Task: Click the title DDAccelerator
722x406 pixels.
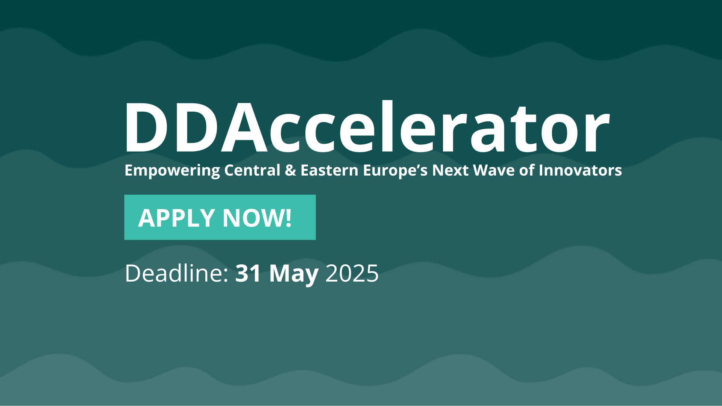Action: coord(367,127)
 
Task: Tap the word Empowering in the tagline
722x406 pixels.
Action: coord(172,171)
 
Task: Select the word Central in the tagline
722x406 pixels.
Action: coord(252,170)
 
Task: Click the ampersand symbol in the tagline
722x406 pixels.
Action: coord(290,170)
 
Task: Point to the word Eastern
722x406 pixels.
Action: coord(329,170)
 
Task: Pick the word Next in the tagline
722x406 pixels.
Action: coord(450,170)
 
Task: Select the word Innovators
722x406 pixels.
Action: coord(580,170)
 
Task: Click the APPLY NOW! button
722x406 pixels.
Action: coord(220,217)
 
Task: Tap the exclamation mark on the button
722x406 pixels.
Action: coord(288,218)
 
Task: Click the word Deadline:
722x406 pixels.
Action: coord(177,273)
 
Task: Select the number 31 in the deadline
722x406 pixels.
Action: coord(248,273)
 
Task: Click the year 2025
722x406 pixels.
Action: coord(352,273)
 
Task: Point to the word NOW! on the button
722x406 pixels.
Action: coord(257,218)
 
